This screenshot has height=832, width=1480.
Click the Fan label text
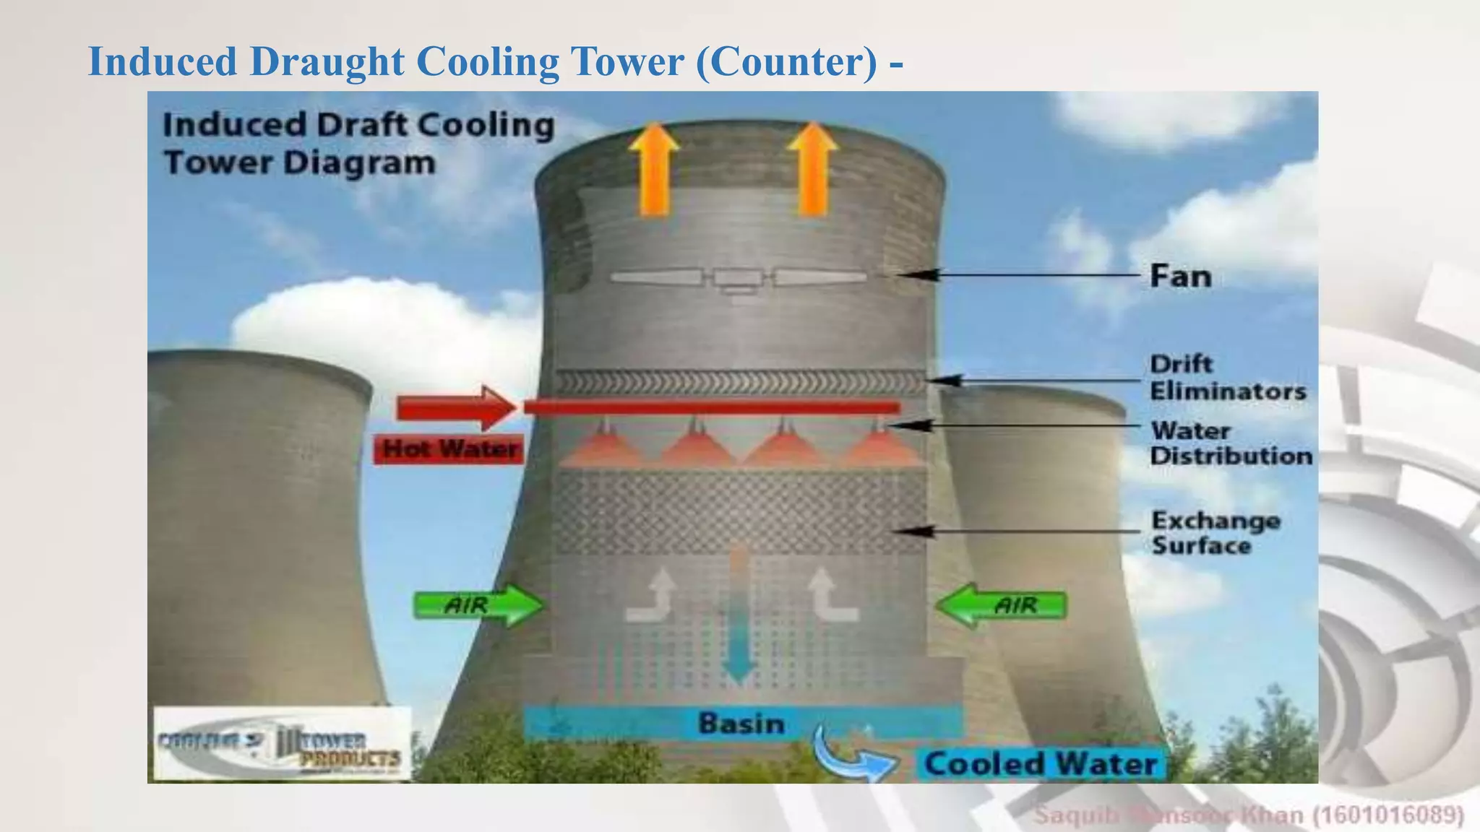pyautogui.click(x=1180, y=276)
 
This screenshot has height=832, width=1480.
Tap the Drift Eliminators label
pyautogui.click(x=1227, y=377)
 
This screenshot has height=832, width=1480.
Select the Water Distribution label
pyautogui.click(x=1231, y=443)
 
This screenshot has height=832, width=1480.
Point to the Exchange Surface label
pyautogui.click(x=1216, y=532)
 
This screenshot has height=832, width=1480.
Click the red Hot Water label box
pyautogui.click(x=449, y=449)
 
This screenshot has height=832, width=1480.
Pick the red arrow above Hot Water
pyautogui.click(x=455, y=409)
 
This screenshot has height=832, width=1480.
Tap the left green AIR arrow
pyautogui.click(x=478, y=604)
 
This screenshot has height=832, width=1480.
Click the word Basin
pyautogui.click(x=741, y=723)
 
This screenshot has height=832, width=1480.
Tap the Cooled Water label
pyautogui.click(x=1041, y=764)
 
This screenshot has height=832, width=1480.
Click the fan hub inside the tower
pyautogui.click(x=737, y=278)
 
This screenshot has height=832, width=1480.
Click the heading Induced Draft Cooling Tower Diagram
pyautogui.click(x=358, y=143)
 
